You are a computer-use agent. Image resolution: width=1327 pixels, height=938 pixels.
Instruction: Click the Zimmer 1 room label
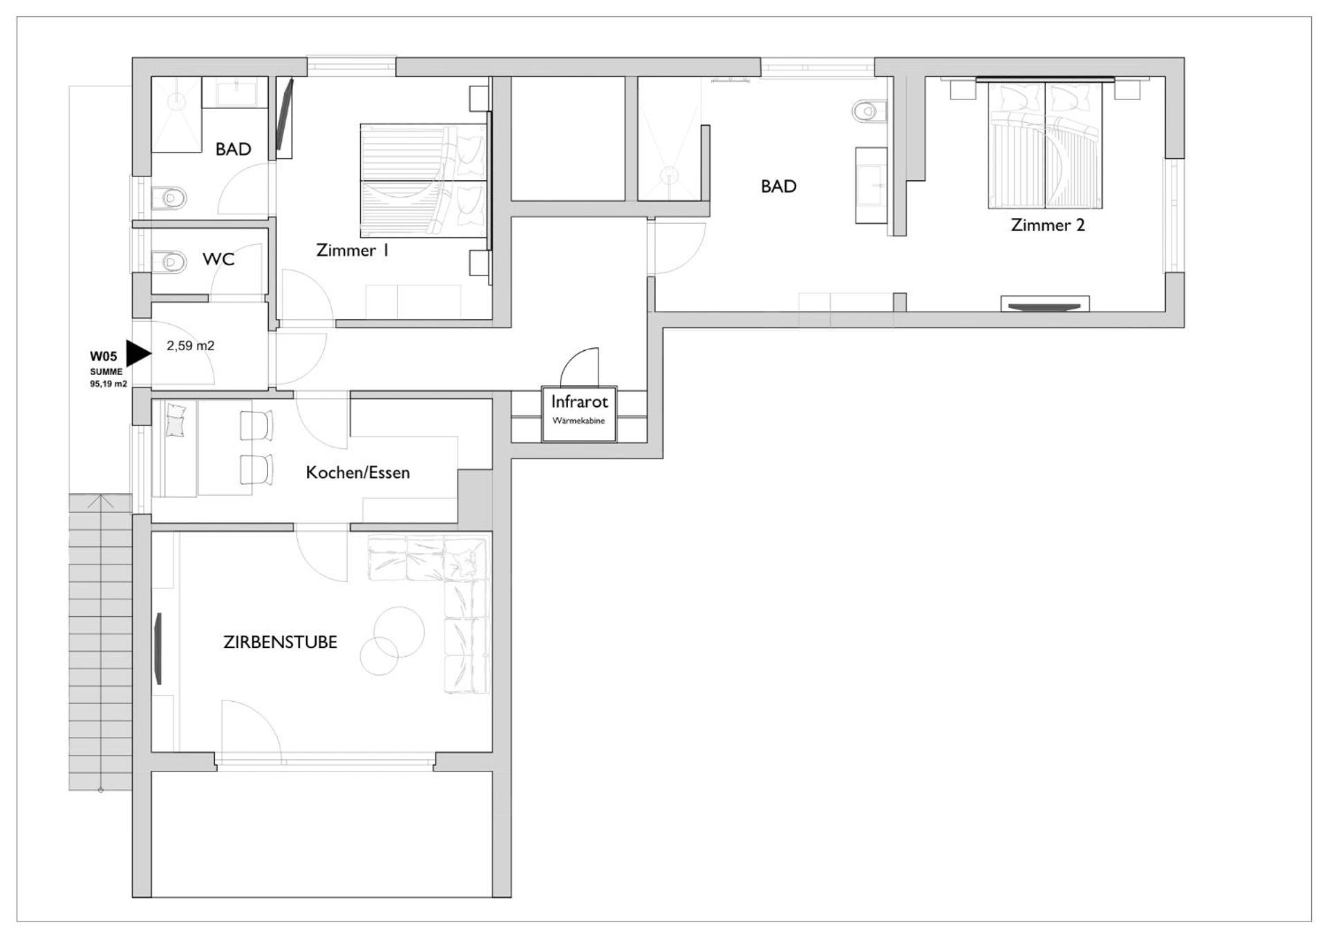[x=352, y=250]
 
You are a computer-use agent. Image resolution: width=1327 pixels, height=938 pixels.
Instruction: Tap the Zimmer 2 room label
[x=1047, y=224]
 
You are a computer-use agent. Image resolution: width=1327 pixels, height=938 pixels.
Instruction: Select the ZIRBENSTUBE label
[x=280, y=642]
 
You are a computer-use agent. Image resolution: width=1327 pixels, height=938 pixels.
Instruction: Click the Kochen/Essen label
[x=357, y=472]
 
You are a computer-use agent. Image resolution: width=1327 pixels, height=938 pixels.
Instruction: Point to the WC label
[x=218, y=259]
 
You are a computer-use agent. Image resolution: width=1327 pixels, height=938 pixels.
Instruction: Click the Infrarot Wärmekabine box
[x=578, y=414]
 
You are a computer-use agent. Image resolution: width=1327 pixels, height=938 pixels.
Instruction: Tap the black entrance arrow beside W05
[x=137, y=353]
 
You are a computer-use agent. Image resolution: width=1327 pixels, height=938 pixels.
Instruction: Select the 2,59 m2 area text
[x=190, y=345]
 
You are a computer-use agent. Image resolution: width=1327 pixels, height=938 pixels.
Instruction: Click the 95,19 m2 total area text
[x=109, y=384]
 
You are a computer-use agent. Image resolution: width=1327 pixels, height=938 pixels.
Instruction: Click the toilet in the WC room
[x=169, y=262]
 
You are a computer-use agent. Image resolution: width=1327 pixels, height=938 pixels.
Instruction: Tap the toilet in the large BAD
[x=869, y=111]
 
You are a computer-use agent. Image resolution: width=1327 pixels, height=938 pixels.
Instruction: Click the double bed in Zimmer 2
[x=1044, y=145]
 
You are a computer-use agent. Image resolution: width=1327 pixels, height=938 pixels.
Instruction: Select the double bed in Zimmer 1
[x=423, y=180]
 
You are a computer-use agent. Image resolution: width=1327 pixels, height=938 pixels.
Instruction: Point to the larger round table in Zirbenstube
[x=399, y=631]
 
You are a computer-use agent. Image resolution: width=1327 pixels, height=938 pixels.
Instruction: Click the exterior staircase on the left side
[x=100, y=642]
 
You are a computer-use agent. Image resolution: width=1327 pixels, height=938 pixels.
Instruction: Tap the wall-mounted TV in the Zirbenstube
[x=158, y=649]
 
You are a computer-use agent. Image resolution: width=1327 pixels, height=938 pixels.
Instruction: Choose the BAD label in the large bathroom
[x=778, y=186]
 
